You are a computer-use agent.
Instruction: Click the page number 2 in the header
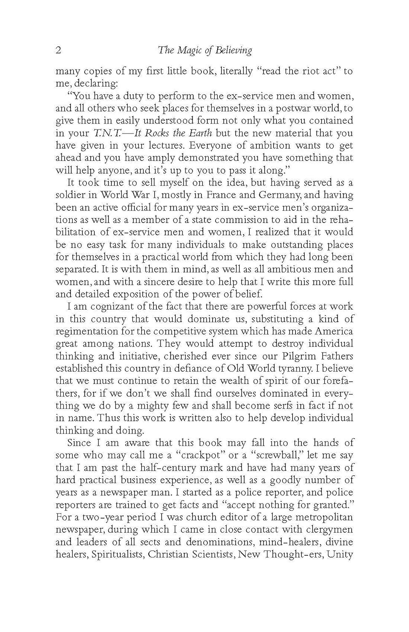click(59, 51)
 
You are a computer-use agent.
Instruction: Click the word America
click(331, 331)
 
